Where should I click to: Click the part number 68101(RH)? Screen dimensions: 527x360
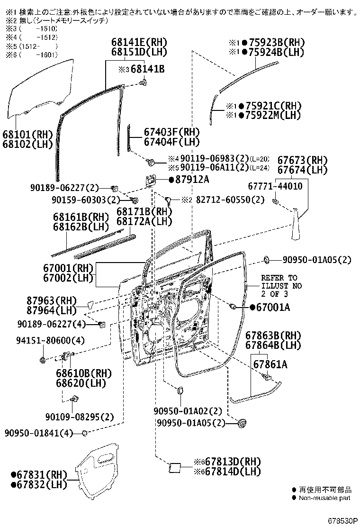coord(28,134)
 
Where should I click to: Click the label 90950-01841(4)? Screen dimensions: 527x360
coord(39,433)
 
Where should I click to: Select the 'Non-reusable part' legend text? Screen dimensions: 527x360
coord(324,498)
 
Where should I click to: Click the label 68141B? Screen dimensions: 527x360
coord(147,69)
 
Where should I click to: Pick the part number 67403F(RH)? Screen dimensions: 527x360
coord(165,132)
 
